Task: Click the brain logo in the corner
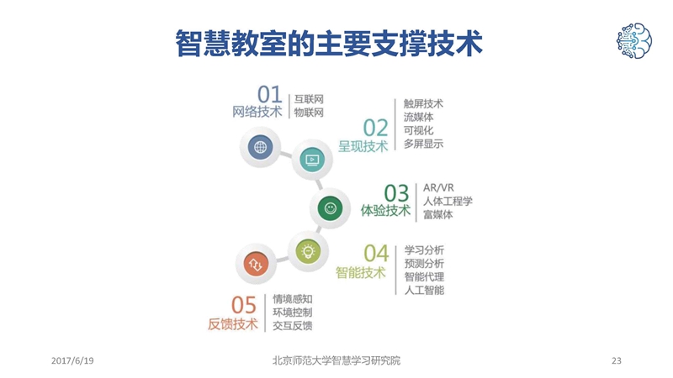click(x=634, y=40)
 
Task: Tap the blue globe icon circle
click(x=260, y=147)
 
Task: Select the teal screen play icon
click(x=312, y=160)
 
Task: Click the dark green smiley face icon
click(x=330, y=208)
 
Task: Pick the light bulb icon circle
click(x=308, y=250)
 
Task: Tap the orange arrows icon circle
click(x=256, y=264)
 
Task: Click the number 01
click(x=269, y=94)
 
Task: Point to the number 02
click(x=375, y=128)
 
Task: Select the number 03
click(x=396, y=193)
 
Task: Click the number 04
click(x=376, y=253)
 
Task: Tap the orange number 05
click(x=244, y=305)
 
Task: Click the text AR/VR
click(x=438, y=187)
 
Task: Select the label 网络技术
click(x=257, y=112)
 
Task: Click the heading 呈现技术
click(x=363, y=146)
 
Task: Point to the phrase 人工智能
click(x=424, y=290)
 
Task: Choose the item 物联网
click(x=309, y=113)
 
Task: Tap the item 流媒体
click(x=418, y=117)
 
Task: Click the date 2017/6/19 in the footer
click(x=72, y=360)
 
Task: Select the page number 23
click(x=617, y=360)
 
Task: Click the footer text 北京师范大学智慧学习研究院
click(x=336, y=360)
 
